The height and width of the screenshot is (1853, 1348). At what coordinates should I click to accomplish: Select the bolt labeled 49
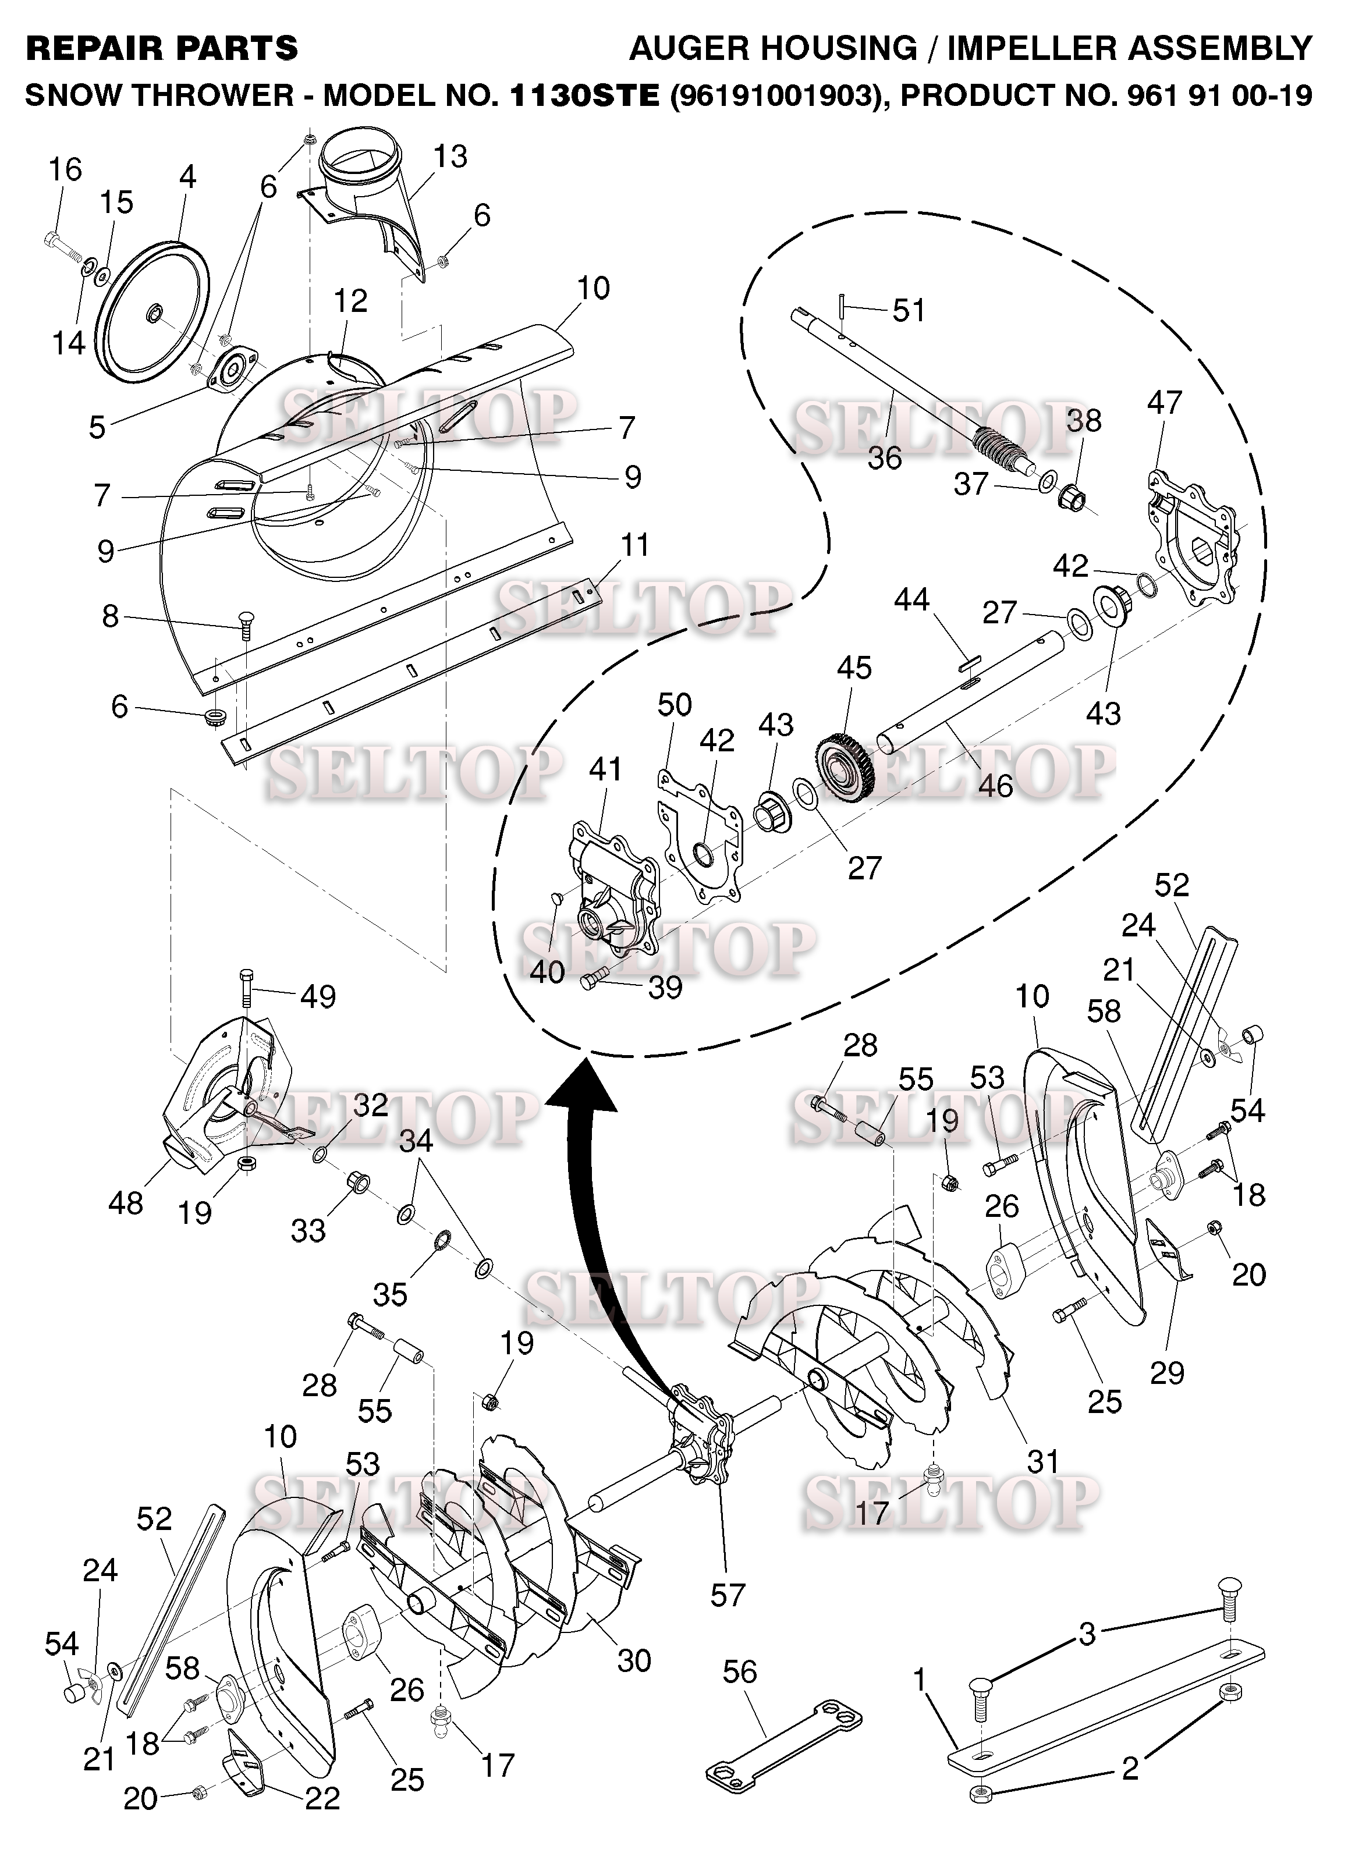(x=247, y=991)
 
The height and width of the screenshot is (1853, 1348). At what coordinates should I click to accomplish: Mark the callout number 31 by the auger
(x=1042, y=1460)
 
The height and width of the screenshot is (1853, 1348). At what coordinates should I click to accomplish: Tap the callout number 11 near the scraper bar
(x=635, y=544)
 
